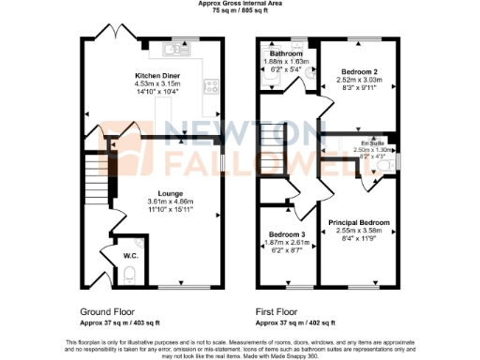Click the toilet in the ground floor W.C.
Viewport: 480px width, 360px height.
pyautogui.click(x=130, y=274)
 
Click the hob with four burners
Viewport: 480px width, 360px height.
pyautogui.click(x=213, y=85)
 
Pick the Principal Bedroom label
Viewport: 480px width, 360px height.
pyautogui.click(x=359, y=222)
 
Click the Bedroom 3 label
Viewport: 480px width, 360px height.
pyautogui.click(x=287, y=233)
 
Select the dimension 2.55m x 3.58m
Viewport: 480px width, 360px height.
pyautogui.click(x=359, y=231)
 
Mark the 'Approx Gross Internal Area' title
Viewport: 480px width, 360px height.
pyautogui.click(x=239, y=4)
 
